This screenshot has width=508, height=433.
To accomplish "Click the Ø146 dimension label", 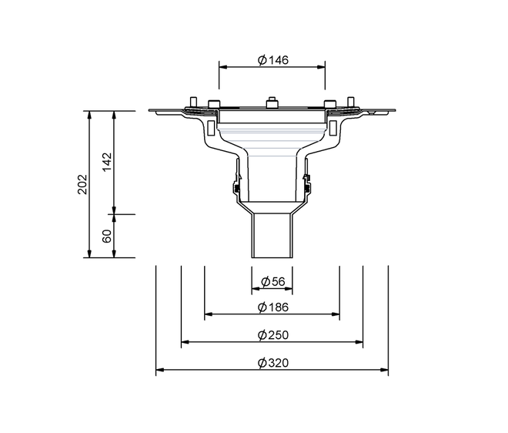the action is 272,60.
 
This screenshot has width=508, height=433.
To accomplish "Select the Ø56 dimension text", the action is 273,281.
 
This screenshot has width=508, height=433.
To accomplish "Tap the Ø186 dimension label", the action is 272,307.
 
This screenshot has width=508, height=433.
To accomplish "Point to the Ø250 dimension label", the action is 272,334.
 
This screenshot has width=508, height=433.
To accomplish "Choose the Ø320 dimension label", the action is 272,363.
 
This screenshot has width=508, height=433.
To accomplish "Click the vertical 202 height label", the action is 82,184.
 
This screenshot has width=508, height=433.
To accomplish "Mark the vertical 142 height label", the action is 106,162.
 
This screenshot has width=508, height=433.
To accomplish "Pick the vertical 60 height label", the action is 106,236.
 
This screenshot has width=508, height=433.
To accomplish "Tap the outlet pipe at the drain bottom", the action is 272,236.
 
